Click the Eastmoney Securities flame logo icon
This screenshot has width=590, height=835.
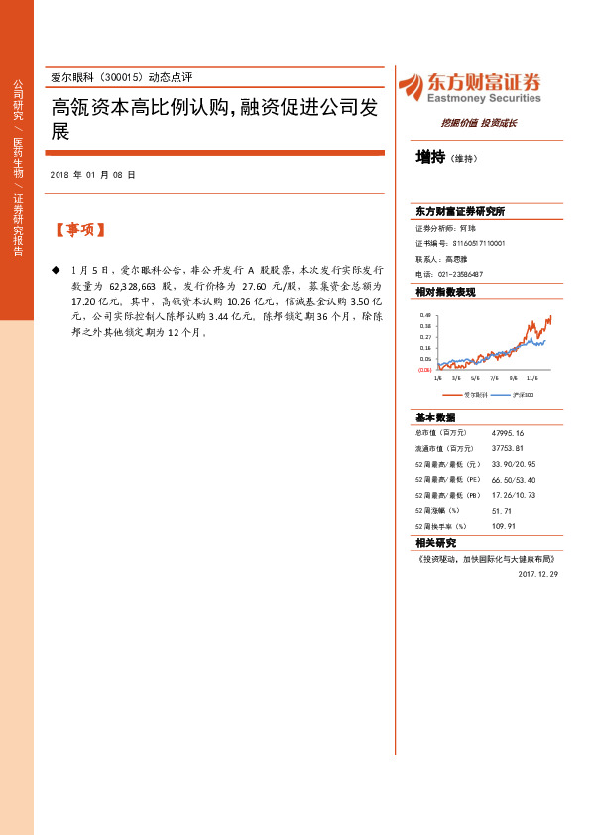(x=411, y=87)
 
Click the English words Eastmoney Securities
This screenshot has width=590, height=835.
(x=482, y=98)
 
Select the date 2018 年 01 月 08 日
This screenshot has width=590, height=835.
(x=92, y=175)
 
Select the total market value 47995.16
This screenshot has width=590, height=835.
(x=507, y=432)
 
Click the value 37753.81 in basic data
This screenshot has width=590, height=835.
(x=507, y=448)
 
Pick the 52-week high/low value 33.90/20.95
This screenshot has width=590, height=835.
(x=514, y=463)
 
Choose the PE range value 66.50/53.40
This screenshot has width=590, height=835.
(x=514, y=479)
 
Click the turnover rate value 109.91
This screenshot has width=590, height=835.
(x=504, y=525)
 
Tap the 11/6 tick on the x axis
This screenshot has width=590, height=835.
(x=531, y=377)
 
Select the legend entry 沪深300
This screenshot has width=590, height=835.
(x=524, y=394)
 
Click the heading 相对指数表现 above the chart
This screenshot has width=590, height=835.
(x=445, y=292)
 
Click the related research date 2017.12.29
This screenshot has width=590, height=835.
(x=538, y=572)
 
